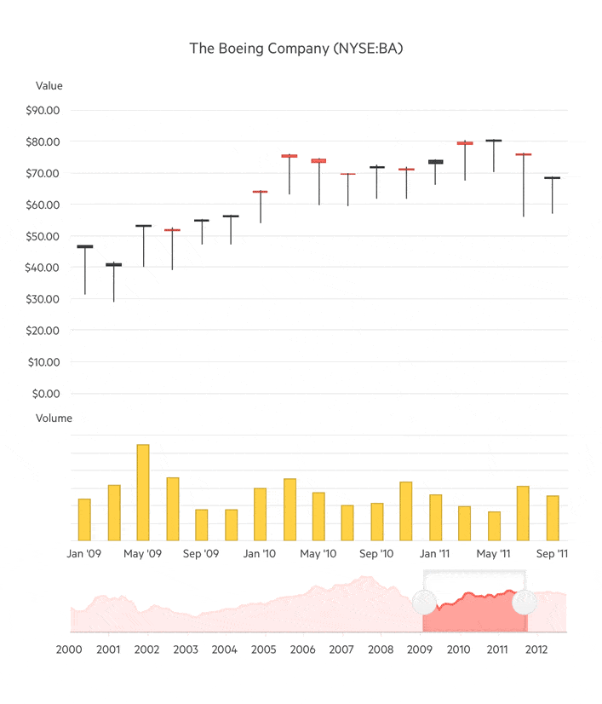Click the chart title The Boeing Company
[295, 49]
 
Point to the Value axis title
[49, 85]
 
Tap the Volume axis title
[54, 418]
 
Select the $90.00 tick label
[43, 110]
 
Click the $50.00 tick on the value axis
[43, 236]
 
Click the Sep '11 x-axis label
[552, 554]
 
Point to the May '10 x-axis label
[318, 554]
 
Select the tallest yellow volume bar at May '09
[143, 493]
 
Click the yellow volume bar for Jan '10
[260, 514]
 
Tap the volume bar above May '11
[494, 526]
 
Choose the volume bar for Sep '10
[377, 522]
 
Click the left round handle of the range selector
[423, 603]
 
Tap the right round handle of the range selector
[525, 603]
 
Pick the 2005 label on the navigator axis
[264, 650]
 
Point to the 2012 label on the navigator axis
[536, 650]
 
